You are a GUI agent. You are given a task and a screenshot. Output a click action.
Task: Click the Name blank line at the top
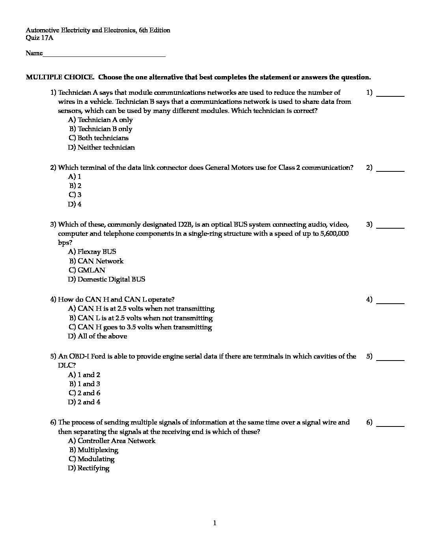tap(104, 55)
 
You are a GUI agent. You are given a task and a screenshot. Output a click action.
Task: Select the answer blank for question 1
tap(390, 95)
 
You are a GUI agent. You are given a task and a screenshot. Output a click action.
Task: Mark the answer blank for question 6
tap(390, 425)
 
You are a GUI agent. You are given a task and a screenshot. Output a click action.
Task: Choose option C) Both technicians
tap(99, 138)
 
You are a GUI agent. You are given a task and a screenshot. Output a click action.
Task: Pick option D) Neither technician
tap(101, 147)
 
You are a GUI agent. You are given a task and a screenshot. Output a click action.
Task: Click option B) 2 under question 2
tap(75, 186)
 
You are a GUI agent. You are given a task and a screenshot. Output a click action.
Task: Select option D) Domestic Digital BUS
tap(106, 279)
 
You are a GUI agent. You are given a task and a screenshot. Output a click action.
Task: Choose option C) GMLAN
tap(87, 270)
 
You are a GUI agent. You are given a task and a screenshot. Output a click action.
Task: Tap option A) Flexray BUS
tap(92, 252)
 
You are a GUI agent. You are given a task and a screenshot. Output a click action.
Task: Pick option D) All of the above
tap(97, 336)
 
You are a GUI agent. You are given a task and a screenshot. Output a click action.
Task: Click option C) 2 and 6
tap(84, 393)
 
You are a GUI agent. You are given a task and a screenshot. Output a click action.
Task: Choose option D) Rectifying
tap(89, 468)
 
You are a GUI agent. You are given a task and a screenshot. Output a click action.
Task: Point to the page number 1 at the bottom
tap(214, 523)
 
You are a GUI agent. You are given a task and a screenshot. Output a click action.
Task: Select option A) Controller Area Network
tap(112, 441)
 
